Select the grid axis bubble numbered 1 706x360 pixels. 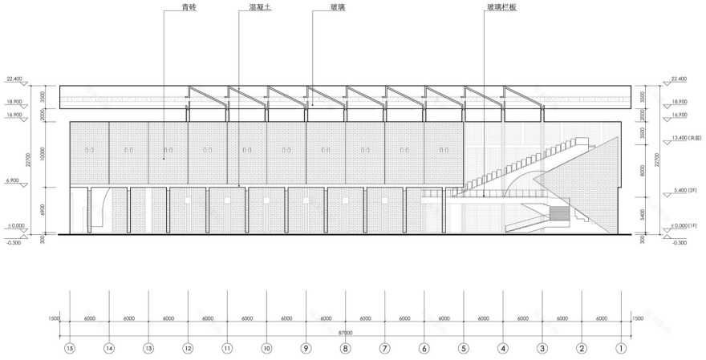(620, 349)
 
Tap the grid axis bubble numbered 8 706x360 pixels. (345, 349)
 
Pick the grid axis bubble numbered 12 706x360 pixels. (188, 349)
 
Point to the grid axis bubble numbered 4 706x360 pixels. (502, 349)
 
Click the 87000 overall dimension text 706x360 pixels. (345, 332)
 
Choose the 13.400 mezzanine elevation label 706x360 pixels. (683, 138)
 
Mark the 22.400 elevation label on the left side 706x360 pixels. (14, 79)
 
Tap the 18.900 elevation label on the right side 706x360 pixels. (677, 102)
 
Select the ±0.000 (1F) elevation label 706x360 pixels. (684, 226)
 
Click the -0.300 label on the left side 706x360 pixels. (13, 242)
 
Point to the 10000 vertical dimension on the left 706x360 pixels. (51, 154)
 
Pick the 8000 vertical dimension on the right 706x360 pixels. (643, 170)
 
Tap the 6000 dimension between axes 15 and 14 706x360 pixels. (89, 318)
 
